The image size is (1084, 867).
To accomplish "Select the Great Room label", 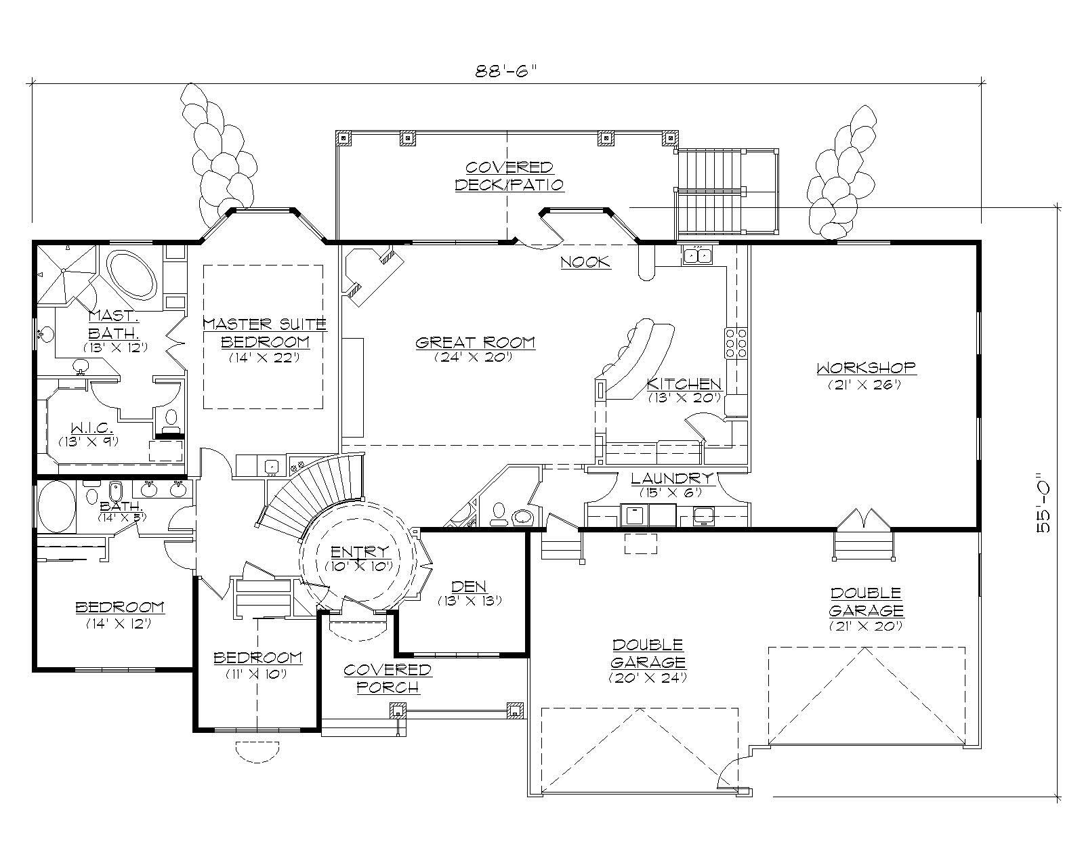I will point(475,342).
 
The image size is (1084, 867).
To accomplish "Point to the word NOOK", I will point(585,262).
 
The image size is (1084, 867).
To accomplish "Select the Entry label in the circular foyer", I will point(360,551).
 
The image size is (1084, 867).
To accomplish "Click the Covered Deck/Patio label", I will point(508,175).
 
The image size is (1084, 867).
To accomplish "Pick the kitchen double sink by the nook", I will point(697,255).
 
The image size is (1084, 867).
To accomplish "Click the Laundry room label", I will point(671,478).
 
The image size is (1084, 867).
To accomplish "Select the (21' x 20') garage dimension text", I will point(865,626).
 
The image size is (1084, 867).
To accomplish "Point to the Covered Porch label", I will point(387,678).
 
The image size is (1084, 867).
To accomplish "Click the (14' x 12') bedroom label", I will point(119,614).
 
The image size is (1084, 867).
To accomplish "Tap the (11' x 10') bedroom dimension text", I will point(257,674).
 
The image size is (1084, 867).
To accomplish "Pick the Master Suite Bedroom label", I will point(264,333).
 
